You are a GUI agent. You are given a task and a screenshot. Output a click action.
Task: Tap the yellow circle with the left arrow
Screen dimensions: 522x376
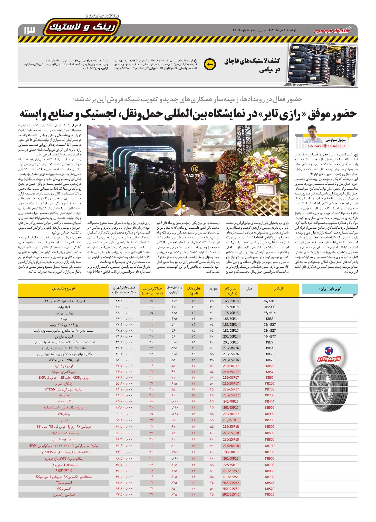[x=209, y=64]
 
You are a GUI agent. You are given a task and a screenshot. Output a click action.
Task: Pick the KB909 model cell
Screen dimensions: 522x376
[x=269, y=414]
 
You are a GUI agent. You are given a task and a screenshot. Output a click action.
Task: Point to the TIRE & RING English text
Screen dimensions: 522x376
[x=102, y=16]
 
